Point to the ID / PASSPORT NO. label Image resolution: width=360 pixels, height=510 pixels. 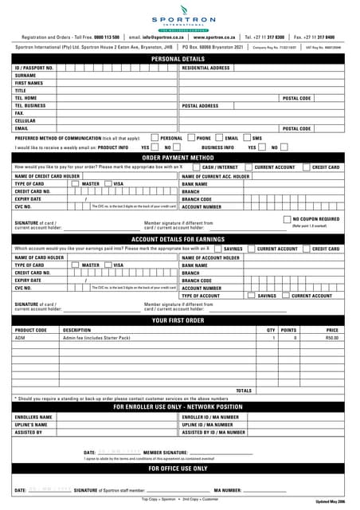pos(34,68)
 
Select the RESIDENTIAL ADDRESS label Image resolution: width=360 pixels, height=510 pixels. pos(206,68)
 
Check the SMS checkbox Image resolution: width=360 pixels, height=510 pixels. pos(248,138)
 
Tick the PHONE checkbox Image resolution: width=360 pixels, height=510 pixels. pos(191,138)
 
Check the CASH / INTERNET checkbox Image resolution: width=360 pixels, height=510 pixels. pos(197,167)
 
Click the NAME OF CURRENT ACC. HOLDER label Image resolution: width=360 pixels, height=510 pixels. pos(216,175)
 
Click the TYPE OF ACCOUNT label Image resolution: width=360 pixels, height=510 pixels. pos(201,296)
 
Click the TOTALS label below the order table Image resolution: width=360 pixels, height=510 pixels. pos(244,390)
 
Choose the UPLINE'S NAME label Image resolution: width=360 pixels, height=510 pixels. pos(33,426)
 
